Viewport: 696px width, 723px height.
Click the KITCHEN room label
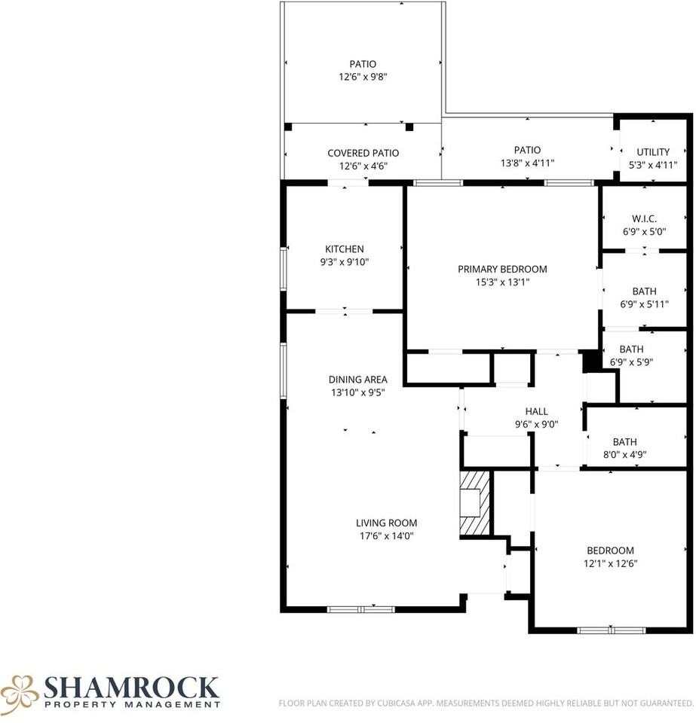pyautogui.click(x=345, y=249)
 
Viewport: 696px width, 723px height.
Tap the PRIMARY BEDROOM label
pyautogui.click(x=502, y=270)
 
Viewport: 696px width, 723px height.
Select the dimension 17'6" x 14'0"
pyautogui.click(x=386, y=536)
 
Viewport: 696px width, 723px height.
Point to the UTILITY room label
pyautogui.click(x=652, y=152)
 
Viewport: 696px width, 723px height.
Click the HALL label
pyautogui.click(x=536, y=411)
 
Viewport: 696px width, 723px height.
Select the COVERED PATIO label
pyautogui.click(x=363, y=153)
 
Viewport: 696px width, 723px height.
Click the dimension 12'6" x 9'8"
pyautogui.click(x=363, y=77)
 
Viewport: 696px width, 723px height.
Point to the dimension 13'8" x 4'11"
pyautogui.click(x=527, y=163)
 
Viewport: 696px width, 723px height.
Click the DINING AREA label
pyautogui.click(x=357, y=380)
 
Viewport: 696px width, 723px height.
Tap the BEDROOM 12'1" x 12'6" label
pyautogui.click(x=611, y=551)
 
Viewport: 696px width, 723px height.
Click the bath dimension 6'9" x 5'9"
pyautogui.click(x=631, y=361)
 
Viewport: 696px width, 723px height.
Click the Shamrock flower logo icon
pyautogui.click(x=20, y=692)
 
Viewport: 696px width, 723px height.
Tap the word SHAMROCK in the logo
pyautogui.click(x=131, y=687)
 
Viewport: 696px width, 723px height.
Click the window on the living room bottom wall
pyautogui.click(x=361, y=609)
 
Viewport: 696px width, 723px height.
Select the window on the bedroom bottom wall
pyautogui.click(x=612, y=630)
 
